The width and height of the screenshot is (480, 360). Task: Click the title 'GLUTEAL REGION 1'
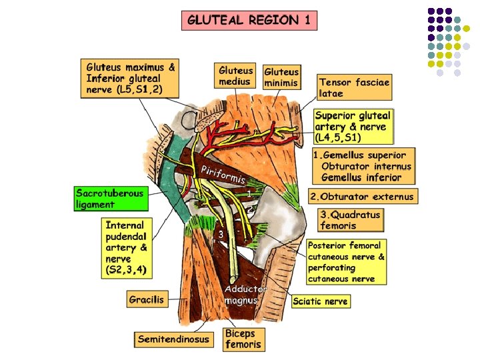[x=249, y=20]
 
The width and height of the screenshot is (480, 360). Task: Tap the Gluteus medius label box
[x=236, y=76]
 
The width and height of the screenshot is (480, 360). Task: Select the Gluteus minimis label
[x=281, y=77]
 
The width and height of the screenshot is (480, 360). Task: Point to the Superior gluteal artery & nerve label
[x=354, y=126]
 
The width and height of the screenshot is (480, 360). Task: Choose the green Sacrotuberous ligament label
[x=109, y=199]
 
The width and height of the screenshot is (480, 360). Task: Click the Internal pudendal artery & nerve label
[x=128, y=247]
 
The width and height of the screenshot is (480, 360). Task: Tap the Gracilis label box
[x=147, y=299]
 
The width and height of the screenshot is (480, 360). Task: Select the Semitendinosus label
[x=173, y=339]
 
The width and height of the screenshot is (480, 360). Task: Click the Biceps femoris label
[x=243, y=339]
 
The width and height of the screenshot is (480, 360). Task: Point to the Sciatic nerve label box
[x=320, y=301]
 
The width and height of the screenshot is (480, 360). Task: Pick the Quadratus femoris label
[x=350, y=220]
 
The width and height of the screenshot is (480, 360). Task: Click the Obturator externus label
[x=363, y=196]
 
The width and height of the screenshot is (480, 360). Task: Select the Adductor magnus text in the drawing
[x=245, y=295]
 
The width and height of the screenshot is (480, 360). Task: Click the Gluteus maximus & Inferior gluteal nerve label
[x=131, y=78]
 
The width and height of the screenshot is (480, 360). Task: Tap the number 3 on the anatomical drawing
[x=221, y=234]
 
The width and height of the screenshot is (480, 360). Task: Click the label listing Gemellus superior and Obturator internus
[x=363, y=166]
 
